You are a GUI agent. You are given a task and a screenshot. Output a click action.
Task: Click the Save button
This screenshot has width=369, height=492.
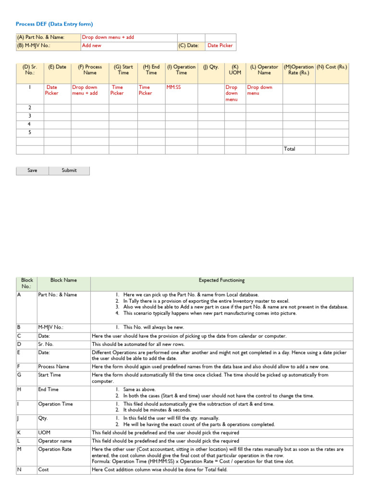pos(32,171)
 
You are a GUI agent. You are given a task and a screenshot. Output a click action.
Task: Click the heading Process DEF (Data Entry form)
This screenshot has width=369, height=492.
pos(54,24)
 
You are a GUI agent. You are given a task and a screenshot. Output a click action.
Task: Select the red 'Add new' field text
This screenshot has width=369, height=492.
pos(92,46)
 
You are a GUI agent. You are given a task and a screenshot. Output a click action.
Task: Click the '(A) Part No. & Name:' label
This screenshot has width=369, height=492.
pos(41,37)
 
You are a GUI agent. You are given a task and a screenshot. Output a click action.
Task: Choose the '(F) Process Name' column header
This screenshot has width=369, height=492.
pos(90,70)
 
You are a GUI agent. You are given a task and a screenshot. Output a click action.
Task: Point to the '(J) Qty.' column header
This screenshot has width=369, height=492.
pos(210,67)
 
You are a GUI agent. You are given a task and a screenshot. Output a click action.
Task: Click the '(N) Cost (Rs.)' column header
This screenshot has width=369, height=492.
pos(332,67)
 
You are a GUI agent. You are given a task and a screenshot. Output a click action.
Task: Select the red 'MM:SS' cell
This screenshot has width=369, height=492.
pos(173,87)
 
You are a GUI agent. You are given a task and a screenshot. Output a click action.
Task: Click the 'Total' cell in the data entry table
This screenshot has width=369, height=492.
pos(289,149)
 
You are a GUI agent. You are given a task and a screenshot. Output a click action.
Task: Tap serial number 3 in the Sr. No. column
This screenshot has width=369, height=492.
pos(30,116)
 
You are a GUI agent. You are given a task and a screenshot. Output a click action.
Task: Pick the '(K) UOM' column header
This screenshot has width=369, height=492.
pos(235,70)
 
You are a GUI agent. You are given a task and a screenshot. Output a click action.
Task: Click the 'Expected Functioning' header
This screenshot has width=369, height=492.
pos(221,280)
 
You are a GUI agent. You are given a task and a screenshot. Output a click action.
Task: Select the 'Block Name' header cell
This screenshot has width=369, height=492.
pos(63,280)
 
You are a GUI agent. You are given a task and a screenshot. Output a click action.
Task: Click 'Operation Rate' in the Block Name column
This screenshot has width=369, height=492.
pos(55,449)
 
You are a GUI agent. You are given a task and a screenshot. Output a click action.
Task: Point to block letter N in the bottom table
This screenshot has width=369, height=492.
pos(19,469)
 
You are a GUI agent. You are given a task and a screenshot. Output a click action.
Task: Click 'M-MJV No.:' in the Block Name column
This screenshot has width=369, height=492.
pos(51,327)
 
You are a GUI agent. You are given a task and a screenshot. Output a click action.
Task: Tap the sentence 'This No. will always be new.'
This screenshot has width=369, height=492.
pos(157,327)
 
